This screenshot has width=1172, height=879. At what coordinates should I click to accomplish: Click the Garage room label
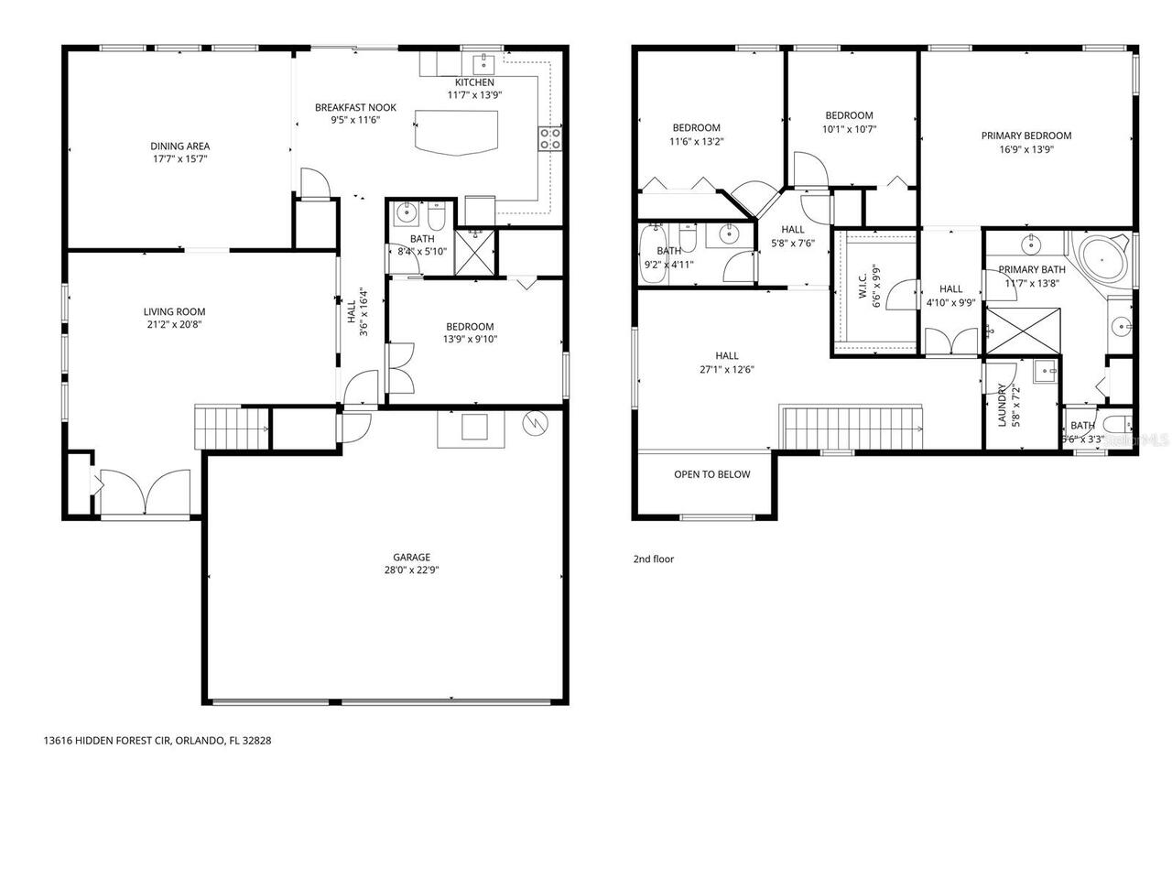(411, 557)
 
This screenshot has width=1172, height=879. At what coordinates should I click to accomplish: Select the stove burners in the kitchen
(549, 138)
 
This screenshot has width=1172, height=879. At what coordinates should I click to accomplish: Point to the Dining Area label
(180, 146)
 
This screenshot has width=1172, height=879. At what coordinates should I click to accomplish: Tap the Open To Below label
(711, 474)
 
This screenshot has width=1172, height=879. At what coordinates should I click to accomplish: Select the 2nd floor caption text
(653, 559)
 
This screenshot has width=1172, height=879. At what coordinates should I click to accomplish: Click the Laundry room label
(1002, 404)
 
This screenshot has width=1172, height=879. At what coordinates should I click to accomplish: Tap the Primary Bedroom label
(1025, 136)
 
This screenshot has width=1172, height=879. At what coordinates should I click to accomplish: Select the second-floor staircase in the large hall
(853, 428)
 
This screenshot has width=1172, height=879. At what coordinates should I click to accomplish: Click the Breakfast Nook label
(355, 107)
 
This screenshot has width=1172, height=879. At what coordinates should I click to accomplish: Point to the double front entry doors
(146, 494)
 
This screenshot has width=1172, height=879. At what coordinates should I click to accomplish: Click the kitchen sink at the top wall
(482, 64)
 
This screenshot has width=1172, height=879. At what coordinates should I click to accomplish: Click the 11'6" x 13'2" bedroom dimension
(696, 141)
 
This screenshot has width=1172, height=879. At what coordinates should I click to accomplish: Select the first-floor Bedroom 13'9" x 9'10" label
(470, 327)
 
